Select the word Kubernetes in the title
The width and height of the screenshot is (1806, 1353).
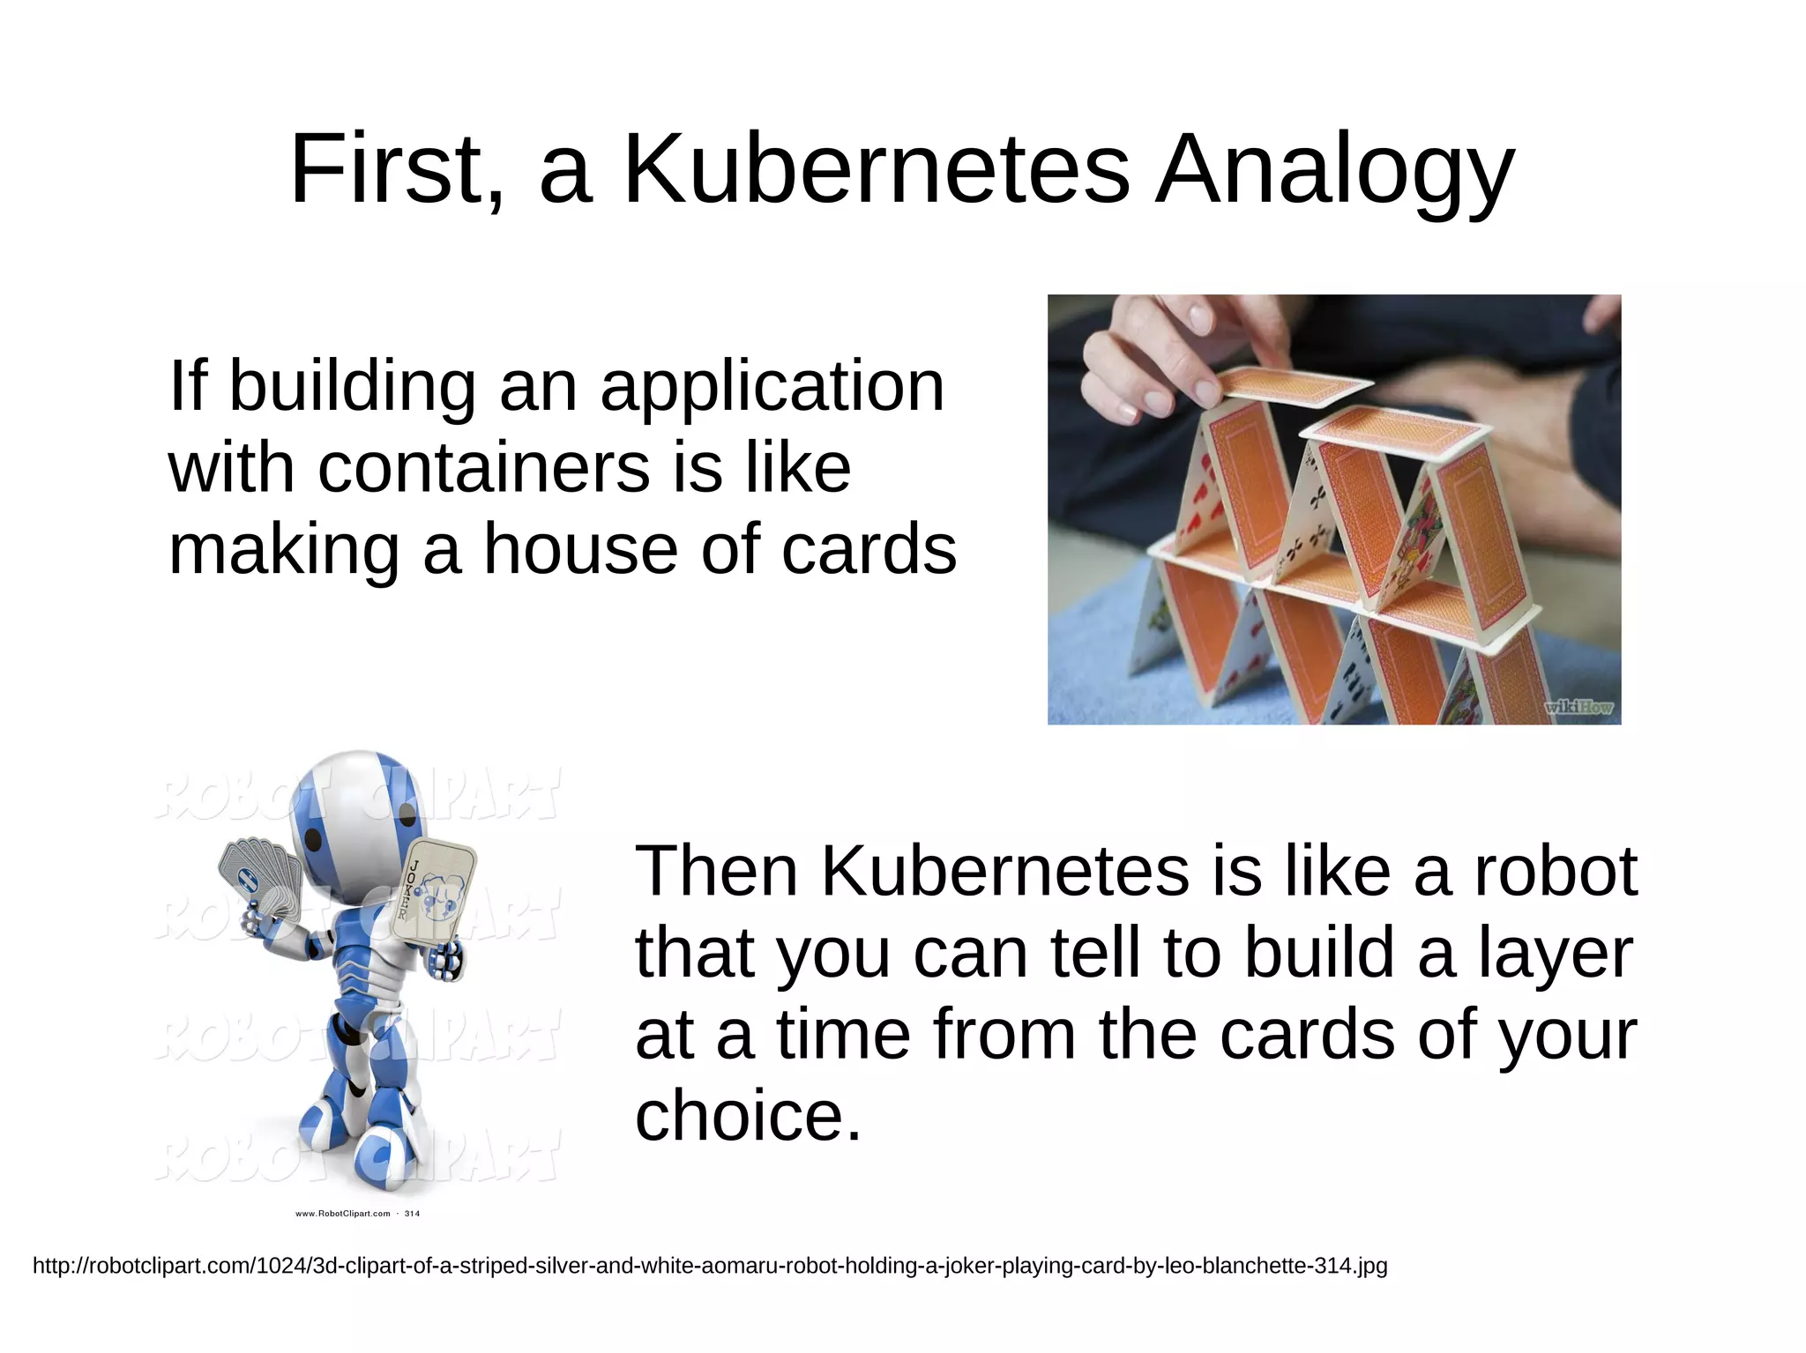(x=877, y=169)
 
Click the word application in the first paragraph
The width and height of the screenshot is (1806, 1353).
(x=772, y=388)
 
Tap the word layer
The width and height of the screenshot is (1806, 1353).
(x=1556, y=955)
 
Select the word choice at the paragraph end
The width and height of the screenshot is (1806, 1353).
(x=747, y=1116)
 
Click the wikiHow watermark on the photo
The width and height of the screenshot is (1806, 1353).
(x=1578, y=706)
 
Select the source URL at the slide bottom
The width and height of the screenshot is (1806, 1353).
(x=710, y=1266)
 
